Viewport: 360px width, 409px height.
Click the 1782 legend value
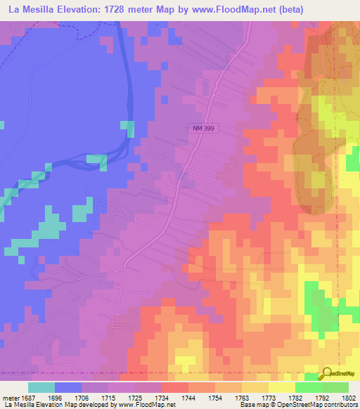(x=295, y=397)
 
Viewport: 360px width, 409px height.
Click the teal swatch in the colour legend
(x=41, y=387)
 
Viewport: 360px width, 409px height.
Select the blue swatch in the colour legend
(x=68, y=387)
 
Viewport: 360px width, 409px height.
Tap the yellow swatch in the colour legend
(x=281, y=387)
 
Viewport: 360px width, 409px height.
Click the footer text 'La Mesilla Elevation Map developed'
(x=53, y=405)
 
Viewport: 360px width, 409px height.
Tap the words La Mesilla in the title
(x=25, y=9)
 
